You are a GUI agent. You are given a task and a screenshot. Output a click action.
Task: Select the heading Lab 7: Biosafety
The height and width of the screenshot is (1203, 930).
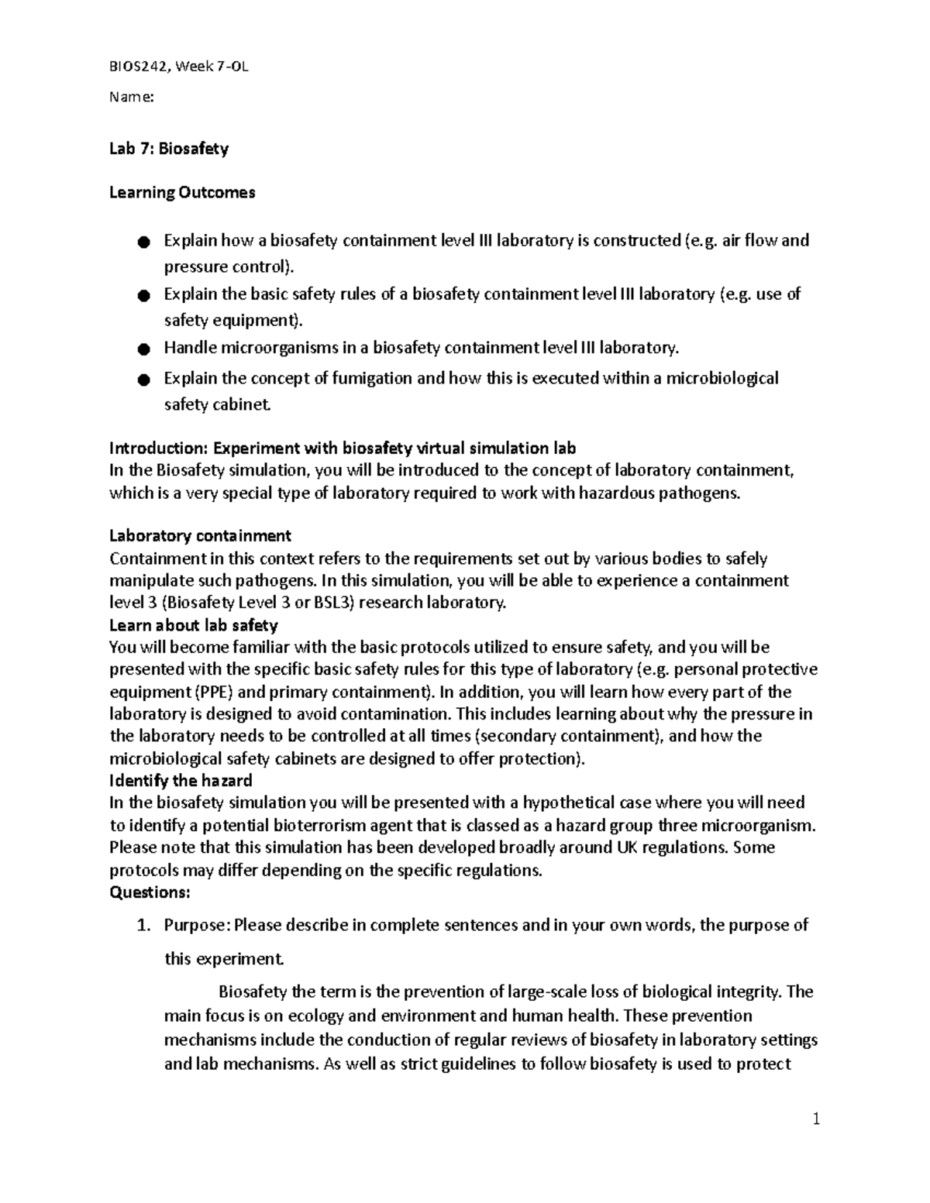tap(169, 148)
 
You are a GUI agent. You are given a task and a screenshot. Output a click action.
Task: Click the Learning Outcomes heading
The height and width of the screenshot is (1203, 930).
tap(182, 192)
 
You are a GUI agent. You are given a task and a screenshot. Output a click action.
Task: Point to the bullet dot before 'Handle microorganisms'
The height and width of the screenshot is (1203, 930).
tap(142, 349)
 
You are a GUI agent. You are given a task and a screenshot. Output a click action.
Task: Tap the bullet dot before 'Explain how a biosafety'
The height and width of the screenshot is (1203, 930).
tap(142, 242)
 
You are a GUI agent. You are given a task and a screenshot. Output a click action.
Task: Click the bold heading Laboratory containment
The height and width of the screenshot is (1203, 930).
tap(200, 535)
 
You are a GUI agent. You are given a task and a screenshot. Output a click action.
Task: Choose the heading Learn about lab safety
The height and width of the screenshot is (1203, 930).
tap(194, 624)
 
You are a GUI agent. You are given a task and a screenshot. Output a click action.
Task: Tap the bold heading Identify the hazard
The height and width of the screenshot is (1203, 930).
tap(181, 780)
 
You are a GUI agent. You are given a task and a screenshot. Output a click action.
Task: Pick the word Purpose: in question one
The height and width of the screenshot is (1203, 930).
tap(197, 925)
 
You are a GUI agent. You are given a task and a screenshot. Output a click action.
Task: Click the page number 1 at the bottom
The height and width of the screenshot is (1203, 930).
tap(815, 1119)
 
